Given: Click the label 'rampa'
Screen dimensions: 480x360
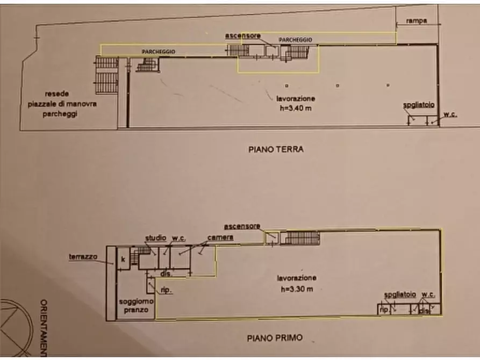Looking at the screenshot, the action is [417, 21].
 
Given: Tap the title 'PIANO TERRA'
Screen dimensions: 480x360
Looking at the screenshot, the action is [276, 150].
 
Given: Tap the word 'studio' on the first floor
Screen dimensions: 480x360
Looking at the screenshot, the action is [155, 238].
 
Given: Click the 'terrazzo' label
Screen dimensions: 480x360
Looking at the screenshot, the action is [83, 257].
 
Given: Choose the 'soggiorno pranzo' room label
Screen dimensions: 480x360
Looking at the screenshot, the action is [137, 306].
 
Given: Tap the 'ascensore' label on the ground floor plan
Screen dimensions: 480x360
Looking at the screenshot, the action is [243, 35].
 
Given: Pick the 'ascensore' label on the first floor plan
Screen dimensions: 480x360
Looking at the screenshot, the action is [242, 225].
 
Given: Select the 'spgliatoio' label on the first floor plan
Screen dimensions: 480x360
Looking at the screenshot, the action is [400, 294].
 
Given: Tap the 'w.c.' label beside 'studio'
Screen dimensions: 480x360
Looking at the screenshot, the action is [178, 238].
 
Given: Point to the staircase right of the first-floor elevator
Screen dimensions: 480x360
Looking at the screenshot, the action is [302, 238].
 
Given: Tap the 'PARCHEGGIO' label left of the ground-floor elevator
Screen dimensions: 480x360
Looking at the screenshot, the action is [158, 51].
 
